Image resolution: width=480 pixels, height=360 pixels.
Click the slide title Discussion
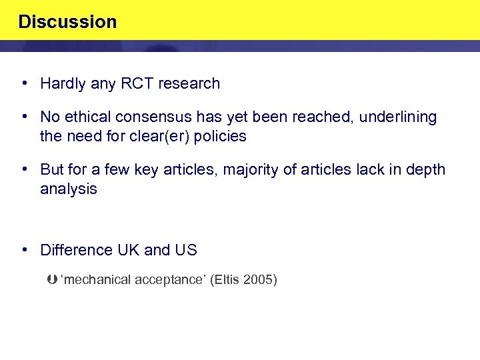(x=67, y=22)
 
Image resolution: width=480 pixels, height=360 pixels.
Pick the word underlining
(x=398, y=117)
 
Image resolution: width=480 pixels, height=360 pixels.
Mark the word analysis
(x=68, y=189)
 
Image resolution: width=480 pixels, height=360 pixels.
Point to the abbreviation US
(x=186, y=251)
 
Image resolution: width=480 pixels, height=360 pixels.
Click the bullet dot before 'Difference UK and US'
(x=24, y=250)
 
